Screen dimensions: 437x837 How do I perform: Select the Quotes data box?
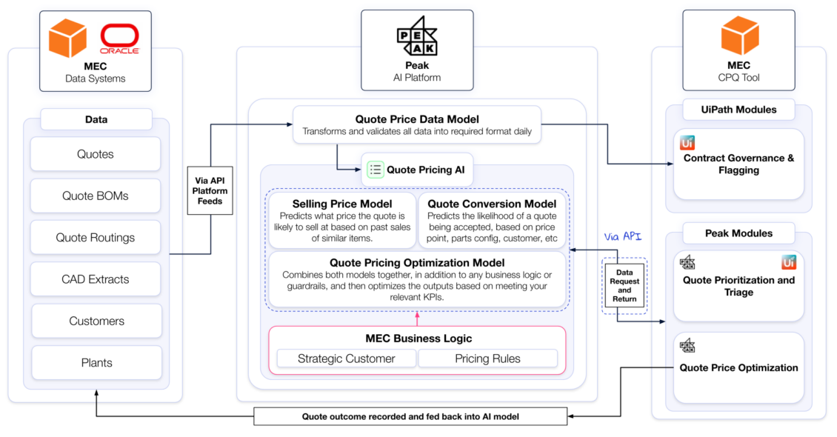96,154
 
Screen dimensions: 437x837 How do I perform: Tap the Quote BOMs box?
96,196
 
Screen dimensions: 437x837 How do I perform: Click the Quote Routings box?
96,238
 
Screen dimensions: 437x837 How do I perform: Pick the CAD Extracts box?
96,279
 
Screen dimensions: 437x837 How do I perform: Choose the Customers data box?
96,321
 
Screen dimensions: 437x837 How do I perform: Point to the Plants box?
96,363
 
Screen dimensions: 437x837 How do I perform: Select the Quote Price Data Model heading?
417,119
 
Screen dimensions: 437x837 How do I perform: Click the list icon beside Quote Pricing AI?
376,170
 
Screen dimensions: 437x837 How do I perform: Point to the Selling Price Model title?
342,204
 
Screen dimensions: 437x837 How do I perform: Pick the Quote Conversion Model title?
492,204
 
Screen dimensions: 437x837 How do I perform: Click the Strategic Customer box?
346,358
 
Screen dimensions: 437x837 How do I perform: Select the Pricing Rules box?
487,358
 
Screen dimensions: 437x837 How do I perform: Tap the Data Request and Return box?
624,284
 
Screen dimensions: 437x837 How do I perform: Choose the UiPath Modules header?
738,110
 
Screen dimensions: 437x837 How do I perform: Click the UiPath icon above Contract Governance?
687,144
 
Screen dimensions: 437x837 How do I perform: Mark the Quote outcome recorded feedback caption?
410,416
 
